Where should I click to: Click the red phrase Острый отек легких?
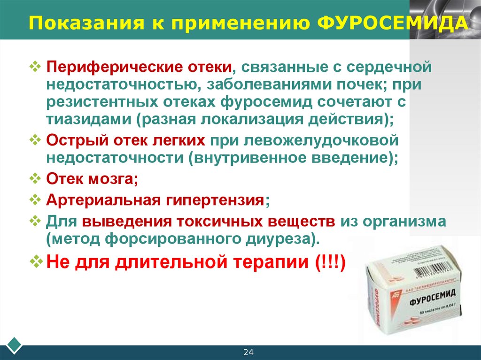point(126,140)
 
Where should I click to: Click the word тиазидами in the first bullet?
point(89,118)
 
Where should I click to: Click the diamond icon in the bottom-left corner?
point(14,345)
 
